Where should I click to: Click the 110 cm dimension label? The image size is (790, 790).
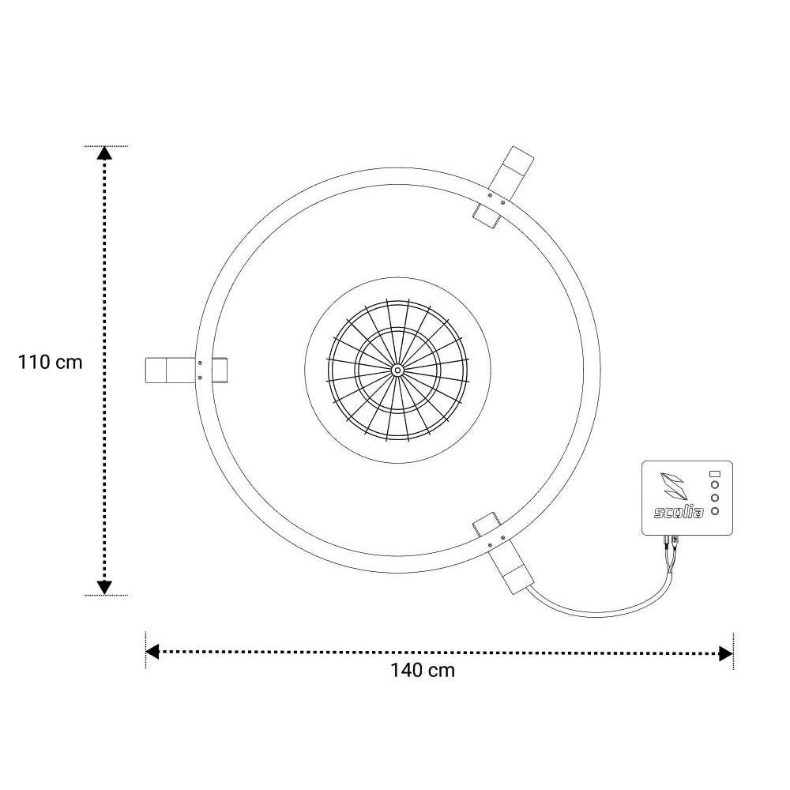point(50,363)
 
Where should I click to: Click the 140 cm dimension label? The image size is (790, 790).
point(423,671)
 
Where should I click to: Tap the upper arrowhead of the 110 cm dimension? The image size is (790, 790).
point(104,153)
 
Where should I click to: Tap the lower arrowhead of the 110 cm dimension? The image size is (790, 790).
point(104,588)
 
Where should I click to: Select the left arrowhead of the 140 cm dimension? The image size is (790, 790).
point(152,652)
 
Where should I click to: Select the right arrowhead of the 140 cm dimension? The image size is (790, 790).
point(726,654)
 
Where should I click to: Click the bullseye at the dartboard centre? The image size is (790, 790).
point(397,371)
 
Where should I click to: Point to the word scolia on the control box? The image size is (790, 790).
point(679,513)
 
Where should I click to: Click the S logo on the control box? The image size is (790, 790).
point(674,486)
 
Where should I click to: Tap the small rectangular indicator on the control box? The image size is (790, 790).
point(714,473)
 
